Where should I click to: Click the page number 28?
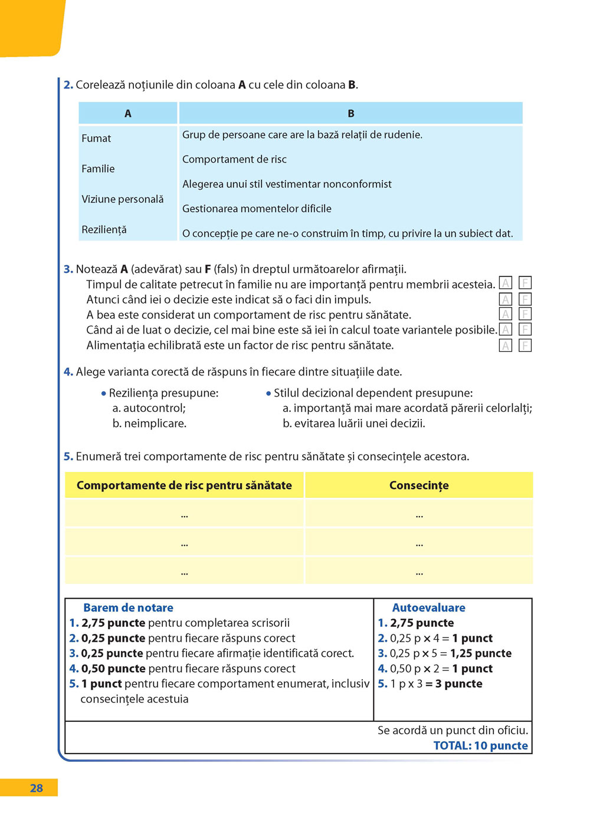(x=36, y=788)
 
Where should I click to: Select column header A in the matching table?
(x=128, y=114)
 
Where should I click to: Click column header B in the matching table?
(x=351, y=114)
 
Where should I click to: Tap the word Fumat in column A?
(x=96, y=138)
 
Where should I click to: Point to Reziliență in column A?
(x=104, y=230)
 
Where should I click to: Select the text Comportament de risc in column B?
(x=234, y=160)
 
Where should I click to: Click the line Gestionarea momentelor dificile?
(x=257, y=209)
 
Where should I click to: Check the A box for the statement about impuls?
(x=506, y=299)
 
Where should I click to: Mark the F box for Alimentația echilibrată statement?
(x=525, y=345)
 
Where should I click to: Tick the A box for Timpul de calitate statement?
(x=506, y=283)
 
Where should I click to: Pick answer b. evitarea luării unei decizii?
(x=354, y=423)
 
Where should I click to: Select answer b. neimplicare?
(x=149, y=423)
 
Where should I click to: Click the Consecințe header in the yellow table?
(x=419, y=486)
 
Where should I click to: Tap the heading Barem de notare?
(x=128, y=607)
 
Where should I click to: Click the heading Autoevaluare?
(x=428, y=607)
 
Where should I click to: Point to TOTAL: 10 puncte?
(x=480, y=745)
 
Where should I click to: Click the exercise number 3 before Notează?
(x=68, y=269)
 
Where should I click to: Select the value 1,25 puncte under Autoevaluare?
(x=481, y=653)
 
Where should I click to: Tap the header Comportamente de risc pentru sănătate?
(x=184, y=486)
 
